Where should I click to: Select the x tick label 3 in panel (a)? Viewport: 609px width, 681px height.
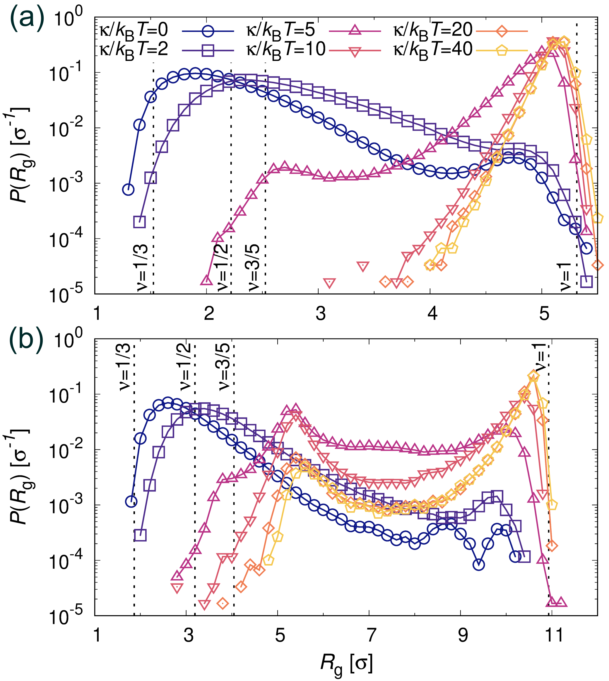320,314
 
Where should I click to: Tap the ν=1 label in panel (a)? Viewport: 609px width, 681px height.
565,277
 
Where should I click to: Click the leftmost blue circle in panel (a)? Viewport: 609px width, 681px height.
128,190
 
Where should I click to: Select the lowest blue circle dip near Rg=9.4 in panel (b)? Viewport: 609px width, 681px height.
479,565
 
